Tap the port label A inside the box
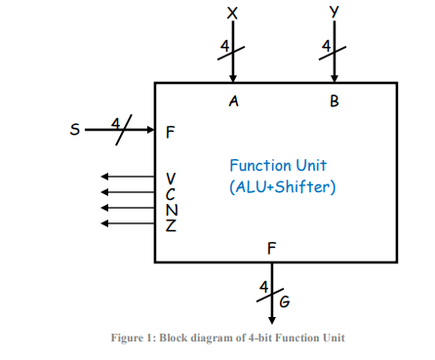tap(233, 100)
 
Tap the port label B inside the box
tap(335, 100)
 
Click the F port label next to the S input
tap(171, 130)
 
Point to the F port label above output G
tap(272, 248)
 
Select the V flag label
tap(171, 179)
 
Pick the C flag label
tap(171, 193)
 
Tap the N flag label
tap(171, 209)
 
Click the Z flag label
tap(171, 224)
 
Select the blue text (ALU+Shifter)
tap(282, 186)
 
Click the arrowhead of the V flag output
tap(105, 178)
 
